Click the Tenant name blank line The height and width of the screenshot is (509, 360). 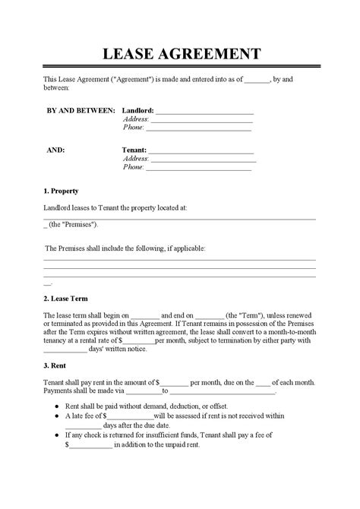[201, 152]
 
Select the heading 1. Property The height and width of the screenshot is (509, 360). [61, 191]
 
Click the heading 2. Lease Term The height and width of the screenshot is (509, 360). [65, 299]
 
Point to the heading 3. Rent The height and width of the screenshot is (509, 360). [55, 365]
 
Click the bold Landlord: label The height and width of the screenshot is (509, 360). [137, 110]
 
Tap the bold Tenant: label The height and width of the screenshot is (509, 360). [134, 150]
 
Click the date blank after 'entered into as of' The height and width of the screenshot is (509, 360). [258, 79]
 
